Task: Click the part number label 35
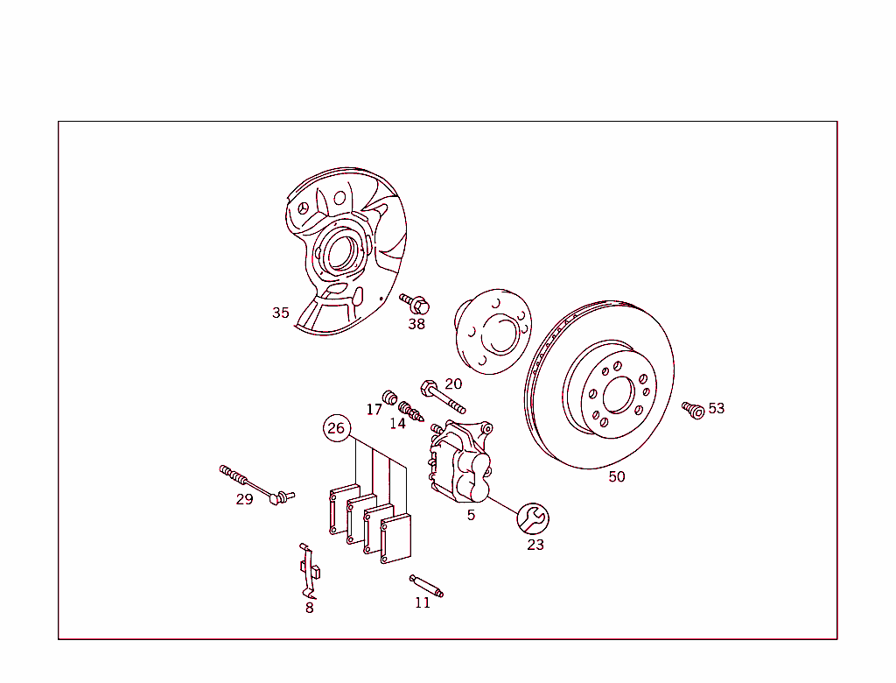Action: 281,313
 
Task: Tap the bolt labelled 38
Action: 414,304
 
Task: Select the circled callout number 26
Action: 337,428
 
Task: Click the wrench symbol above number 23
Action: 533,519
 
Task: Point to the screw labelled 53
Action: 693,410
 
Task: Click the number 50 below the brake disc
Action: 617,476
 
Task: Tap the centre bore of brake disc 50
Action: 619,395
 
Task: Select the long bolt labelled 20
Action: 443,397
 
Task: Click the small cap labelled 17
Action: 389,397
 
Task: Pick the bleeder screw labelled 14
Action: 411,411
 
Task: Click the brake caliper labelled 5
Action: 460,462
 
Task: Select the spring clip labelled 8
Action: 309,570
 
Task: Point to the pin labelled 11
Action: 426,587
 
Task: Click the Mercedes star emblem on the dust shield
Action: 304,208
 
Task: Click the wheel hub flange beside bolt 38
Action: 493,332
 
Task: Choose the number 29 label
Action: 245,499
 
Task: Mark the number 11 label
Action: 423,603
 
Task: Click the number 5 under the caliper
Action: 471,516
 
